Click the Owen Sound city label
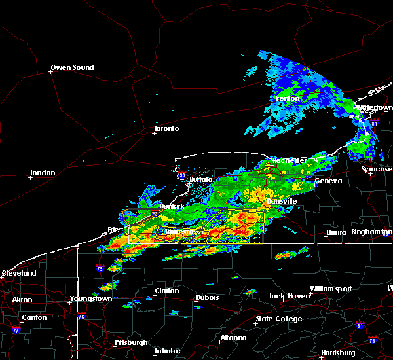click(x=72, y=67)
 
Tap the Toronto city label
click(x=166, y=128)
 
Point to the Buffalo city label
click(x=200, y=179)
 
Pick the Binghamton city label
click(x=371, y=232)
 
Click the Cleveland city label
click(x=18, y=273)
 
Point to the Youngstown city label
click(x=90, y=299)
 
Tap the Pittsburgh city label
click(x=130, y=342)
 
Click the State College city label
click(x=279, y=319)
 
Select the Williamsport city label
click(x=331, y=289)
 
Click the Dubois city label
click(x=207, y=297)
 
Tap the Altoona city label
click(x=233, y=338)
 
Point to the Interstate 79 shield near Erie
click(x=100, y=268)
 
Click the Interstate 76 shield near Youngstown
click(x=82, y=316)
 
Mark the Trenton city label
click(x=287, y=98)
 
